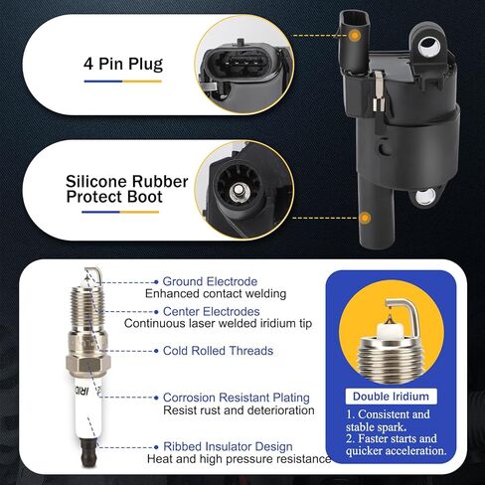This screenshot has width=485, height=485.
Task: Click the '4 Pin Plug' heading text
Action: pyautogui.click(x=123, y=64)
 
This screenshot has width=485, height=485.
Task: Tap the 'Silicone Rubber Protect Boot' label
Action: pyautogui.click(x=126, y=189)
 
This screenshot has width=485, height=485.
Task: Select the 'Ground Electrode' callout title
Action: pyautogui.click(x=210, y=281)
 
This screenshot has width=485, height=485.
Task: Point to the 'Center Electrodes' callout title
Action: pyautogui.click(x=212, y=311)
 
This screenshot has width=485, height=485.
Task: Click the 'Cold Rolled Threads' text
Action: pyautogui.click(x=218, y=351)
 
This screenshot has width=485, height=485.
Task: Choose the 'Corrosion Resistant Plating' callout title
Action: pyautogui.click(x=237, y=398)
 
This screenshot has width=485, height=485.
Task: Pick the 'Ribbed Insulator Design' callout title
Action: pyautogui.click(x=228, y=446)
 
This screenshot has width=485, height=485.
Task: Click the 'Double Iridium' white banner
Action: pyautogui.click(x=391, y=397)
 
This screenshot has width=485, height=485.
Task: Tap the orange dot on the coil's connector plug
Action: pyautogui.click(x=355, y=35)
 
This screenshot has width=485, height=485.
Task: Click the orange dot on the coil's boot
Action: pyautogui.click(x=365, y=218)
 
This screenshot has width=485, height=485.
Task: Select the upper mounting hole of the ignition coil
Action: pyautogui.click(x=428, y=47)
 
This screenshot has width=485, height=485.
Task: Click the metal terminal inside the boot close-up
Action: pyautogui.click(x=238, y=191)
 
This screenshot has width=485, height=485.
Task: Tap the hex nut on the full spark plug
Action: pyautogui.click(x=88, y=364)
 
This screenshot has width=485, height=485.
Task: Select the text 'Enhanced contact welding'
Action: pyautogui.click(x=216, y=294)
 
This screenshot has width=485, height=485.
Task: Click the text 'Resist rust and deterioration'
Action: pyautogui.click(x=239, y=410)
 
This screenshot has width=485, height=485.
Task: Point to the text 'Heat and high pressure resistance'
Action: pyautogui.click(x=240, y=459)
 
